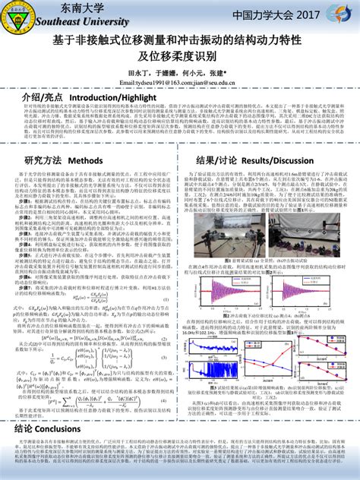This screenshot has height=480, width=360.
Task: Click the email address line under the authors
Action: pos(180,82)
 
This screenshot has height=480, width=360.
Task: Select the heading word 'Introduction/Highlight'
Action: pos(112,99)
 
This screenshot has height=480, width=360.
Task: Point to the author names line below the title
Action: pos(180,72)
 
